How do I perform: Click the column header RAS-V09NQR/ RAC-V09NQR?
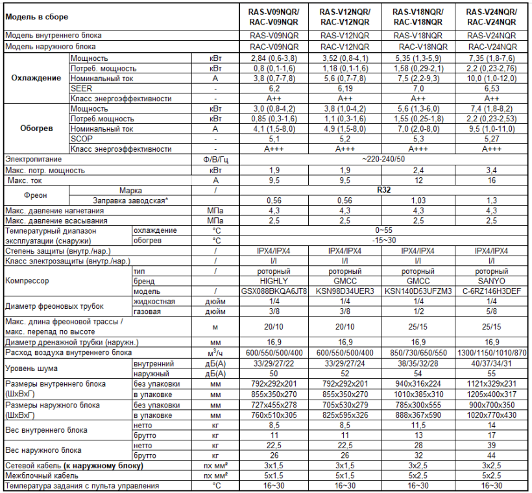[x=274, y=16]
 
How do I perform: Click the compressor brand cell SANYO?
[x=492, y=281]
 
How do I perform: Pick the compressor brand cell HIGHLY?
[x=274, y=281]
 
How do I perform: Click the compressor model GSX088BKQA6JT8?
[x=274, y=291]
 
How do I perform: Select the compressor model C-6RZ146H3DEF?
[x=492, y=291]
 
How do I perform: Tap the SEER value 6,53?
[x=492, y=88]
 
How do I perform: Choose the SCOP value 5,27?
[x=492, y=138]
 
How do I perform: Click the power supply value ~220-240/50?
[x=384, y=158]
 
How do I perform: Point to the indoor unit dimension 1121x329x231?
[x=492, y=384]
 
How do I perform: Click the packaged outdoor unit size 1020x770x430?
[x=492, y=415]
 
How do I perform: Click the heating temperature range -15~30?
[x=384, y=240]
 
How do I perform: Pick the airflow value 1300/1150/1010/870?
[x=492, y=352]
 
